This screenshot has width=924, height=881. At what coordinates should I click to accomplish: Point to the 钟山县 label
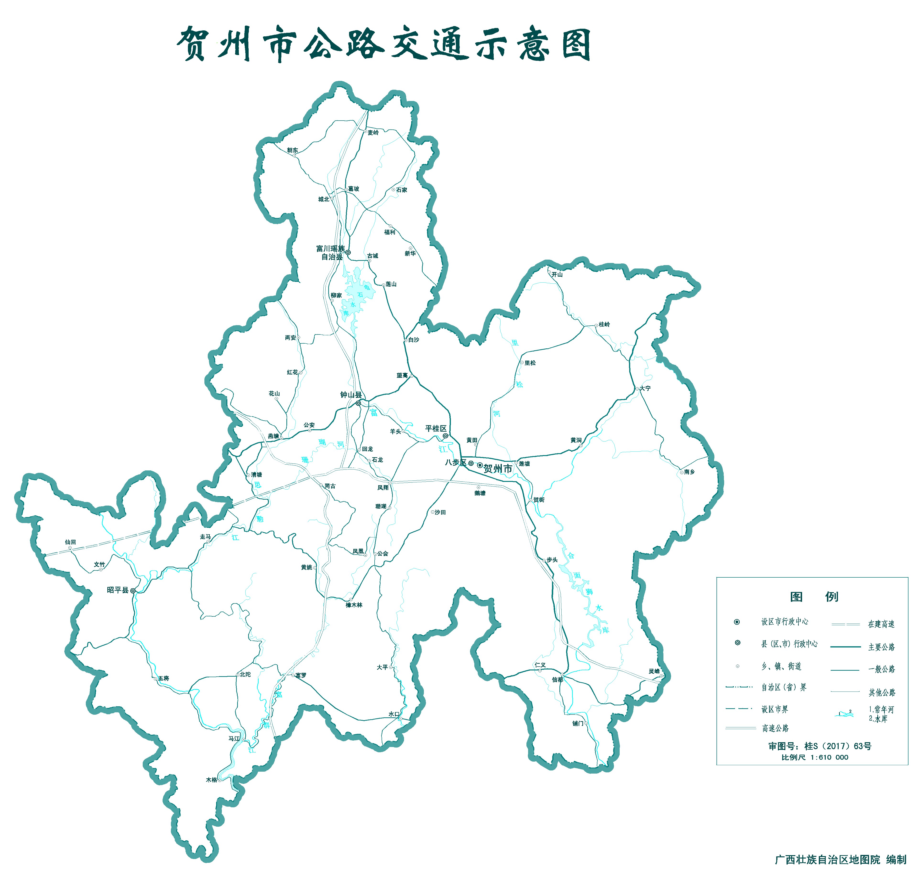351,395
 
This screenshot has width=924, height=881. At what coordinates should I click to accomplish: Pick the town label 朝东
292,150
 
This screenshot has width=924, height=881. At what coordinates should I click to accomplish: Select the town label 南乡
689,472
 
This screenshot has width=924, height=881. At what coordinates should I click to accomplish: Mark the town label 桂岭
604,324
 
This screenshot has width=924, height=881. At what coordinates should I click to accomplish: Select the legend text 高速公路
775,728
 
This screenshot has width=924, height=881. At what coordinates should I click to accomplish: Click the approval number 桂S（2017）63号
838,746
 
